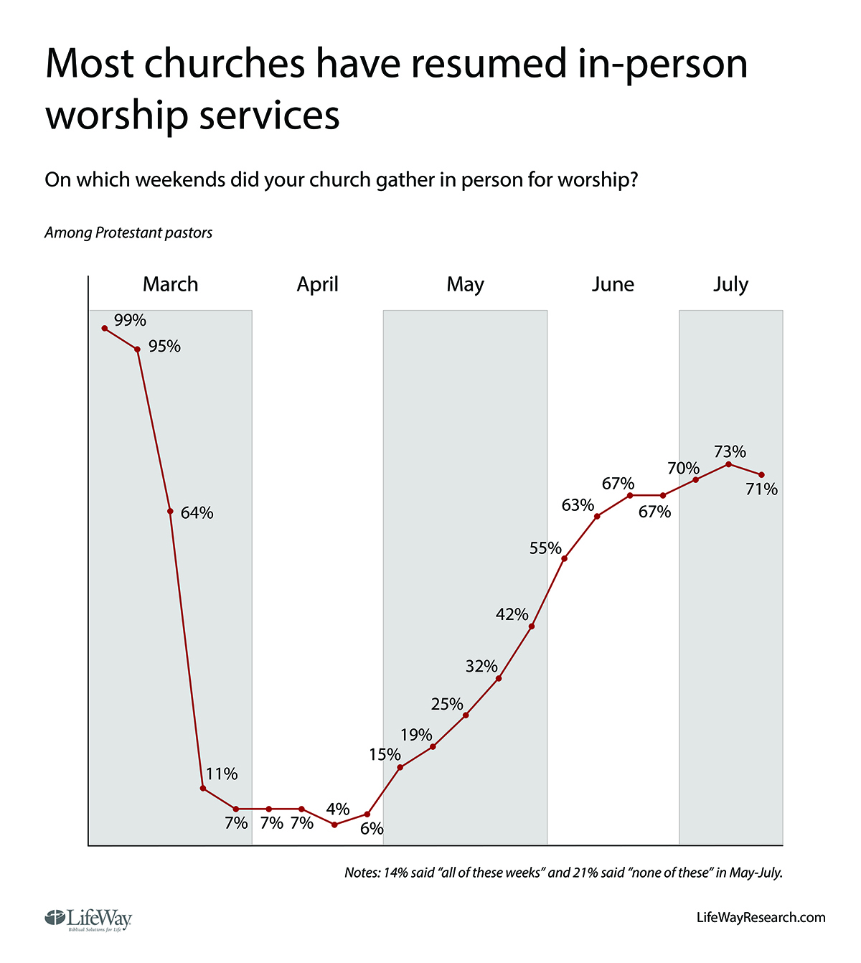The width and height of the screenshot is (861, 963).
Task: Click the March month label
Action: (x=170, y=284)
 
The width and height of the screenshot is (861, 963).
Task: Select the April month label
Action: (x=317, y=284)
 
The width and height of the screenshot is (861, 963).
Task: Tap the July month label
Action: (x=730, y=284)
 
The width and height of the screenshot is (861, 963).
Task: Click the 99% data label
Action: (x=130, y=320)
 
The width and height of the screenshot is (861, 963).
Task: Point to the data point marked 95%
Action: (x=137, y=349)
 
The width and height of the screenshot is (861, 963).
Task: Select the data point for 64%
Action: (x=170, y=511)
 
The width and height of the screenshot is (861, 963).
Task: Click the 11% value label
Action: (x=222, y=774)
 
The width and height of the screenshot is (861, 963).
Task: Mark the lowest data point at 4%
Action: (x=334, y=825)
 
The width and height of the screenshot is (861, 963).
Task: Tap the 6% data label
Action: (x=372, y=829)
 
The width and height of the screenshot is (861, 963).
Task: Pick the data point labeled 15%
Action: (x=400, y=768)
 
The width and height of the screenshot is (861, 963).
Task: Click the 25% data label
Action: (x=447, y=704)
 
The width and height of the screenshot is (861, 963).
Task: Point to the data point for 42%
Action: (x=532, y=626)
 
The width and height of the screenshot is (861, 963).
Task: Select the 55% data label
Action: (x=545, y=548)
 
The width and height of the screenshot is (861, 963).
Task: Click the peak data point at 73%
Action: (x=728, y=464)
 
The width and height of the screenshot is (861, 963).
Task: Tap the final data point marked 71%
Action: (x=761, y=474)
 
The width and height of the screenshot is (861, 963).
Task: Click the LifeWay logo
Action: (x=88, y=919)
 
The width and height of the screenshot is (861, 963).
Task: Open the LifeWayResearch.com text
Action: (x=761, y=917)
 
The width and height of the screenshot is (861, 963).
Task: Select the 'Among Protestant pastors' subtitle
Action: (x=128, y=232)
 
